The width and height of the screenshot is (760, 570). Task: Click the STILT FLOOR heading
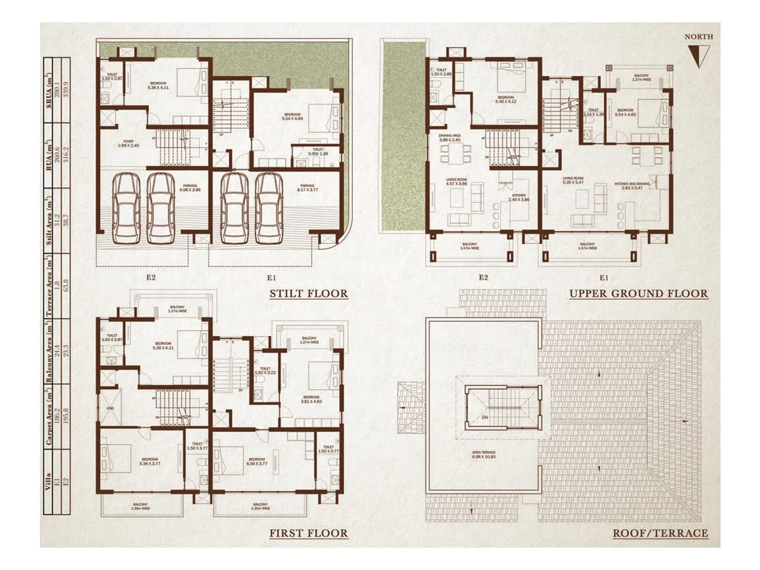point(309,294)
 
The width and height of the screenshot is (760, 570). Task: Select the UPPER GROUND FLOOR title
point(638,294)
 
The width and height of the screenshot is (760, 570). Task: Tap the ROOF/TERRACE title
point(660,533)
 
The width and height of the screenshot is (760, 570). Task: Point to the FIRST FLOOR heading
point(309,533)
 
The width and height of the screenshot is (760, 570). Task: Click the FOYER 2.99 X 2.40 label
point(128,143)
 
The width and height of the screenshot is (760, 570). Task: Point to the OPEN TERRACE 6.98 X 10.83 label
point(484,455)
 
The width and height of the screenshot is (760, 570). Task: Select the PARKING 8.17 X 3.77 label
point(307,188)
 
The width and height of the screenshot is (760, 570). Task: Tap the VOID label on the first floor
point(110,408)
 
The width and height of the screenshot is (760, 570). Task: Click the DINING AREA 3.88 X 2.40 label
point(449,138)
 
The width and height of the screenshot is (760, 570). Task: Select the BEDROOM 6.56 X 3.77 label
point(257,461)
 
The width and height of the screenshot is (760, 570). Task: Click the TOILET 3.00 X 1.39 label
point(317,152)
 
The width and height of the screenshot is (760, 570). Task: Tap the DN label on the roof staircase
point(484,418)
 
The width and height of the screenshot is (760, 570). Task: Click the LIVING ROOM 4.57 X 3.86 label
point(456,181)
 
